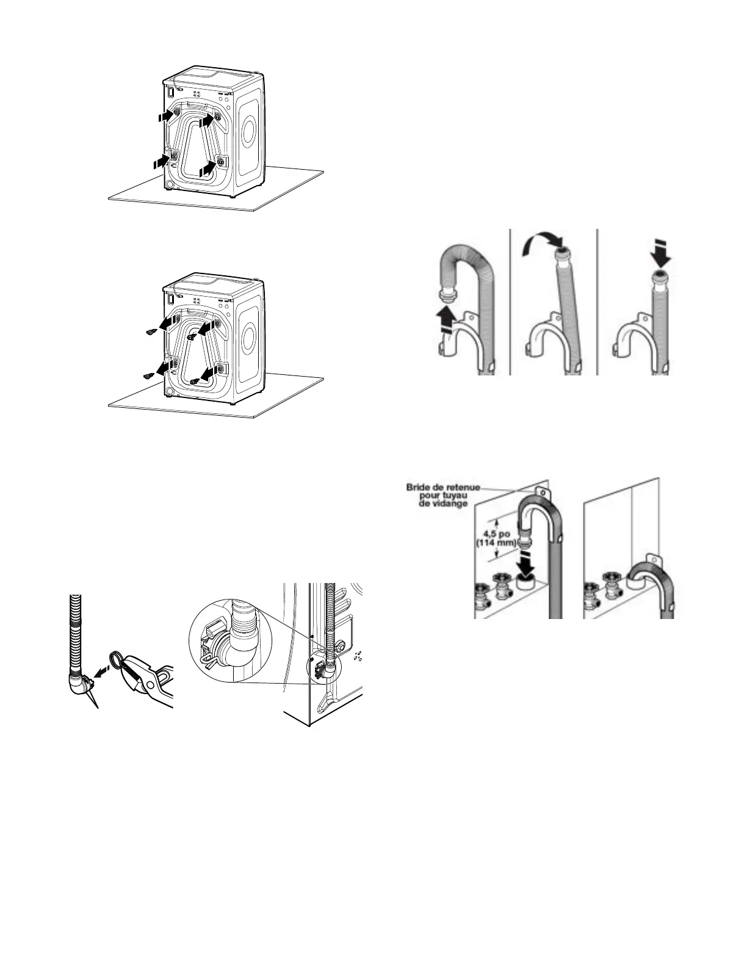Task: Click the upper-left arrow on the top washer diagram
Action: (165, 115)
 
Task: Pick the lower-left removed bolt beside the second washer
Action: (148, 377)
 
